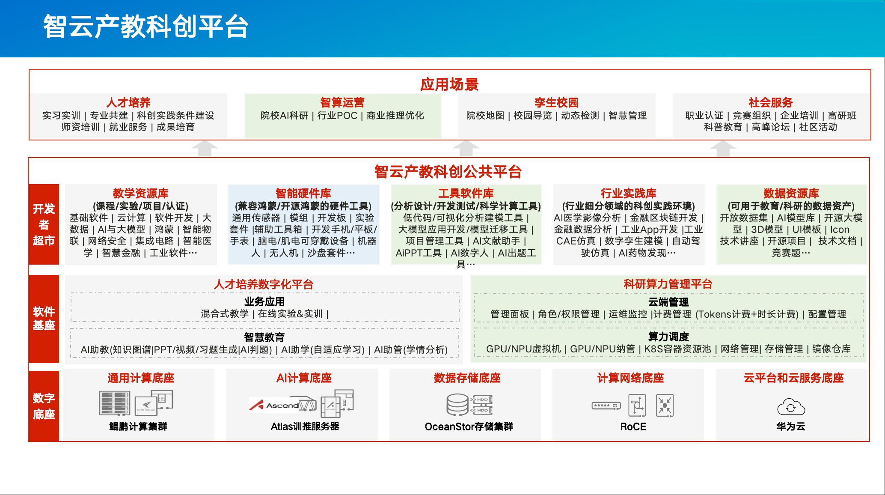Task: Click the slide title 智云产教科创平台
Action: (146, 27)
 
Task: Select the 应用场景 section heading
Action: (449, 84)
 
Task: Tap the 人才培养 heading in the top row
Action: (128, 103)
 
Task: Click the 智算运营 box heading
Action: (342, 103)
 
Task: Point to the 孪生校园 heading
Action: (556, 103)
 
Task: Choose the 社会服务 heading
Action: (771, 103)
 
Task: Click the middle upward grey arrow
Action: (466, 148)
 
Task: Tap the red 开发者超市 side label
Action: (44, 224)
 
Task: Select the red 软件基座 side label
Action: (44, 319)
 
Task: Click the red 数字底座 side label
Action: (44, 406)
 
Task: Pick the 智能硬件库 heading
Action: (303, 193)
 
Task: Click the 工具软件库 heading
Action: (466, 193)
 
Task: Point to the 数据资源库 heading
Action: (791, 193)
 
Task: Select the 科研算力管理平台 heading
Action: (668, 284)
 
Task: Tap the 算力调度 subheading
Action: (668, 337)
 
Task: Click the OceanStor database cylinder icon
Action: (457, 405)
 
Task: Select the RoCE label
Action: (633, 426)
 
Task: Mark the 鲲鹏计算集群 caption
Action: (138, 426)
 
